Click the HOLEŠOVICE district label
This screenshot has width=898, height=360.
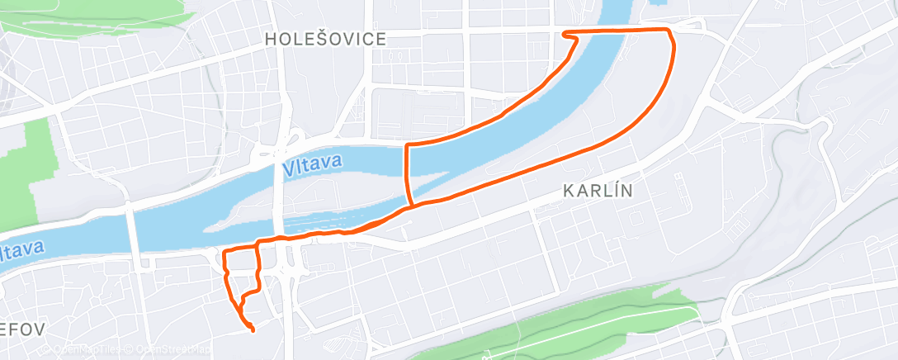(x=325, y=39)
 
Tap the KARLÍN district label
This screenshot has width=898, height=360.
(x=598, y=191)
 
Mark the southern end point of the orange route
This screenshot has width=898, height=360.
(x=252, y=331)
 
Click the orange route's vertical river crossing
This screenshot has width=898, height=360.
(x=406, y=173)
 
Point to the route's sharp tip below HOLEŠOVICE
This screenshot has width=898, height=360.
(x=565, y=35)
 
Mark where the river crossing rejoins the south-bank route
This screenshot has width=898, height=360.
(x=411, y=206)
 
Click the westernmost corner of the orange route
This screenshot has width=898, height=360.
(x=224, y=250)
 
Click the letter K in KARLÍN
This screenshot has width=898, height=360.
(x=569, y=191)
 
